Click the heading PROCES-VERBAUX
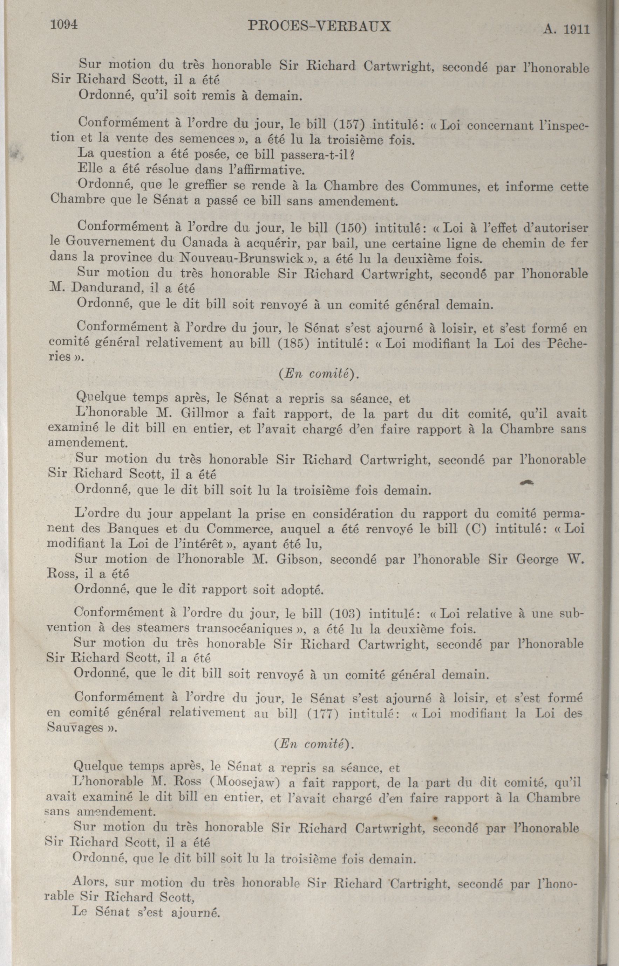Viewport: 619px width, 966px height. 320,27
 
